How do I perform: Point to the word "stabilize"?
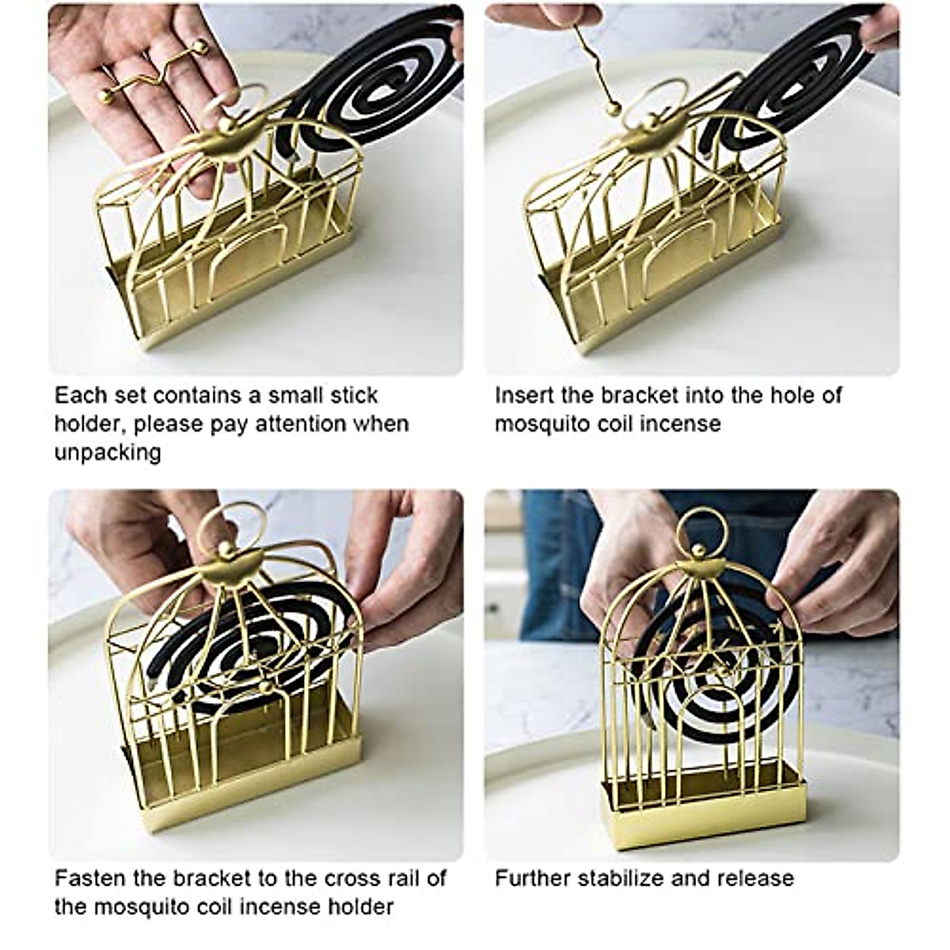pyautogui.click(x=625, y=878)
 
